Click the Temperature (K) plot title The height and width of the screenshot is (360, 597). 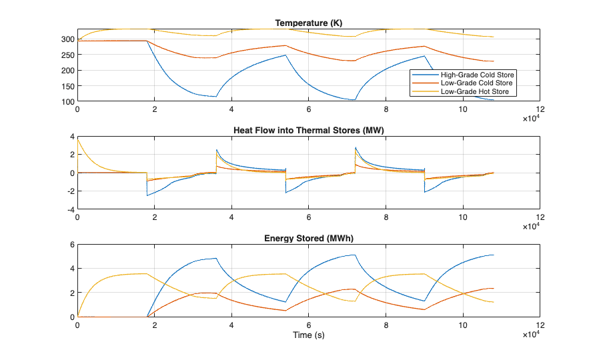(x=308, y=24)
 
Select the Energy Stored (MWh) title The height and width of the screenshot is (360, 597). (x=308, y=238)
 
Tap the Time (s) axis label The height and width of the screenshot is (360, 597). (x=308, y=335)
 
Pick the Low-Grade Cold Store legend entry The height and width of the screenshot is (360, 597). (x=476, y=83)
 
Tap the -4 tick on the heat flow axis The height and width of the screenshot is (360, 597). (x=70, y=209)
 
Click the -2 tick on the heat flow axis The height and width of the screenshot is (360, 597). (x=70, y=191)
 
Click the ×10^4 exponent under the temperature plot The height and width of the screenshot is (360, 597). (x=530, y=118)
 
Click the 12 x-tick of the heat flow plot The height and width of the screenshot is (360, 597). (x=539, y=217)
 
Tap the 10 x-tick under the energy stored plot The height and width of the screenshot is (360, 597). (x=462, y=325)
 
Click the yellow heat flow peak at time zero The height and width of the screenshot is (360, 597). (x=78, y=140)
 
